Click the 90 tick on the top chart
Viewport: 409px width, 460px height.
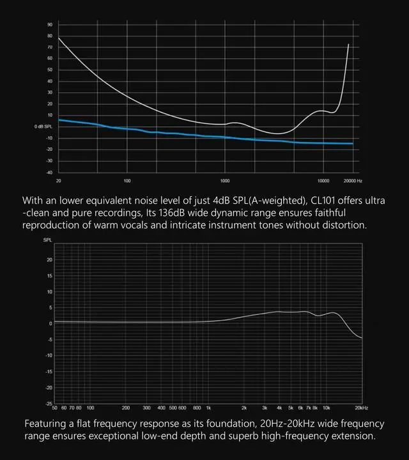point(50,25)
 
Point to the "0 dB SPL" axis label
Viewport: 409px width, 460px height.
point(43,126)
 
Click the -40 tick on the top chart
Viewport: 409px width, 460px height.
point(49,172)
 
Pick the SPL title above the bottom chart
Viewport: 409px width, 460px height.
point(48,241)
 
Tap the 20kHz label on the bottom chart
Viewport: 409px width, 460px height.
point(360,407)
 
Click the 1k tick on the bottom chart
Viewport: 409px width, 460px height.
point(208,407)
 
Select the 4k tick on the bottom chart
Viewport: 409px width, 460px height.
point(279,407)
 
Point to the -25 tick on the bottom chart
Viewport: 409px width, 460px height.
point(49,403)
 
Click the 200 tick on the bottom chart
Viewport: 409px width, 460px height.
point(126,407)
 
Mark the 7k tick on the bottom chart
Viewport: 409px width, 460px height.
point(308,407)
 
